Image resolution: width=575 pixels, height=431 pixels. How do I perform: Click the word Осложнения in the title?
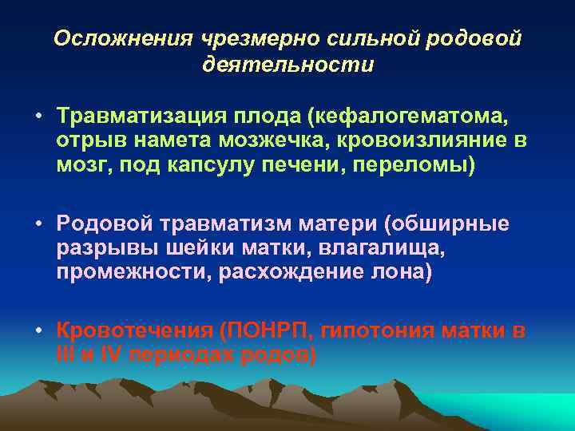[113, 39]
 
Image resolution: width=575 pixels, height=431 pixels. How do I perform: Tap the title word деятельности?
[287, 65]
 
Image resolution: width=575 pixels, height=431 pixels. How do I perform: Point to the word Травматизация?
[137, 117]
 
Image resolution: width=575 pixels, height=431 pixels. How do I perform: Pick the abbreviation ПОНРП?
[263, 330]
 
